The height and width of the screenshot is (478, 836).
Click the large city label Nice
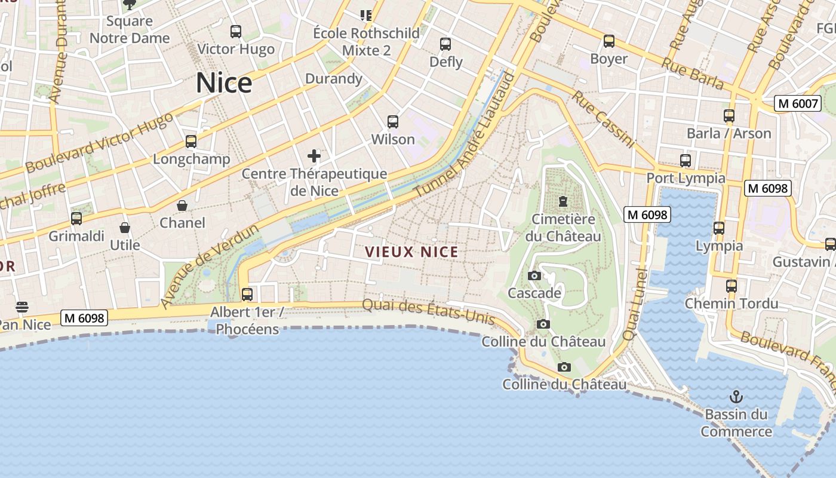pos(224,83)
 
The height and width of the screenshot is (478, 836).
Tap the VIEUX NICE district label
pos(412,252)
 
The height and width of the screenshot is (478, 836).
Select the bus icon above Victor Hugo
pos(236,32)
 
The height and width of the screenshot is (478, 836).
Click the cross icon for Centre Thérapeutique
pos(314,157)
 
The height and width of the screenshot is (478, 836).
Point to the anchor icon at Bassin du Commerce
pos(736,397)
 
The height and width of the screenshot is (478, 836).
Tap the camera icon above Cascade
pos(534,275)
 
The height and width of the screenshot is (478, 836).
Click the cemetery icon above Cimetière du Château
pos(563,201)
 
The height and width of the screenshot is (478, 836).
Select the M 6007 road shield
pos(797,103)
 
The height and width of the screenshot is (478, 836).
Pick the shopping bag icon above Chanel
pos(182,206)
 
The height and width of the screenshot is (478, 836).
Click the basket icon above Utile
pos(125,228)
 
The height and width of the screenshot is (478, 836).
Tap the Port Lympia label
pos(686,178)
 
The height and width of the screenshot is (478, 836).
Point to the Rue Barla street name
pos(693,74)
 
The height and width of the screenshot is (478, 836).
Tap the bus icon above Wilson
pos(393,122)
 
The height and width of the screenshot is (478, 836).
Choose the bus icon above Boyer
pos(608,41)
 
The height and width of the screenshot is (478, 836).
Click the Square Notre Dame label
pos(130,30)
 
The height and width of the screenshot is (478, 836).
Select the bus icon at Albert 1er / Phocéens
pos(247,294)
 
